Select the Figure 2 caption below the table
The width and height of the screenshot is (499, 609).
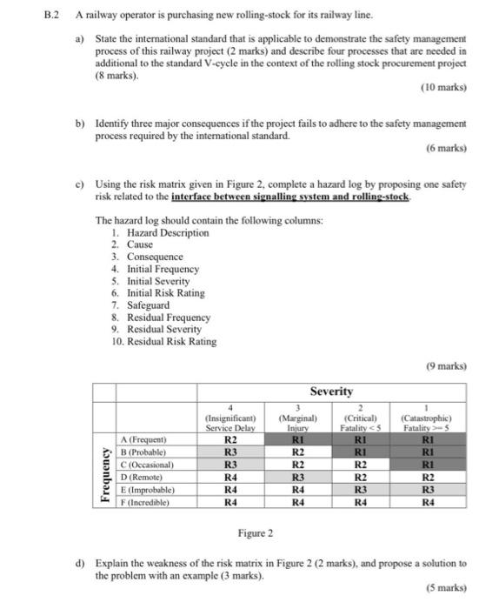coord(255,532)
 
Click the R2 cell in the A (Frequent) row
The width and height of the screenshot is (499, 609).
coord(230,439)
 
